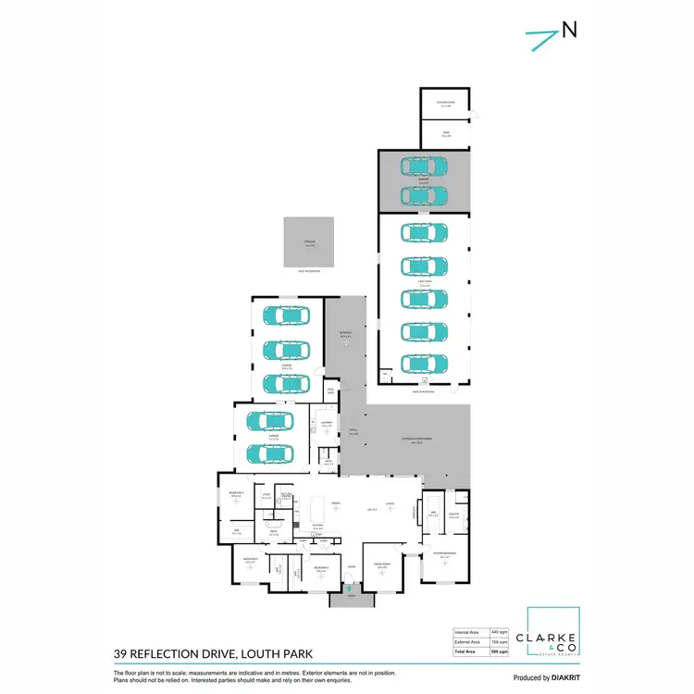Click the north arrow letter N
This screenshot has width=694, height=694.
[569, 31]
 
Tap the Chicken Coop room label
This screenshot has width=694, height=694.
[445, 104]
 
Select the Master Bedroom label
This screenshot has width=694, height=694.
[445, 554]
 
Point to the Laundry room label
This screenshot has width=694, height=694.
[327, 425]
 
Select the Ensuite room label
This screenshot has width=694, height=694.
[454, 516]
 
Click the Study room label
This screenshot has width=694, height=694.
[266, 496]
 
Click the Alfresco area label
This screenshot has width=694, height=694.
[345, 335]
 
